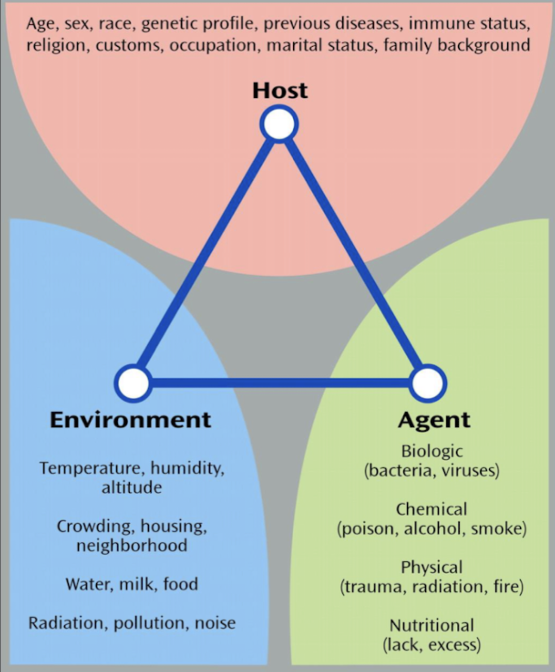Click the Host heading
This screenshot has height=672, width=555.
tap(280, 90)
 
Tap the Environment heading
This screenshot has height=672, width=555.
tap(130, 420)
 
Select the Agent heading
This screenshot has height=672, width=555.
tap(434, 420)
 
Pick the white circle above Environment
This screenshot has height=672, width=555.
tap(133, 383)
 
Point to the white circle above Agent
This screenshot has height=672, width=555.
tap(428, 383)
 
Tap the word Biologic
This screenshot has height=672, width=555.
tap(432, 451)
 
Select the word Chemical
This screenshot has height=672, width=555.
tap(431, 509)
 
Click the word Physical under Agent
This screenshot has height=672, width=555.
tap(432, 567)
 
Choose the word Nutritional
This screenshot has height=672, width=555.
tap(432, 626)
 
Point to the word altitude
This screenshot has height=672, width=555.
tap(132, 488)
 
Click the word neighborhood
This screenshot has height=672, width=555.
tap(132, 545)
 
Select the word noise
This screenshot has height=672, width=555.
tap(215, 623)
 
